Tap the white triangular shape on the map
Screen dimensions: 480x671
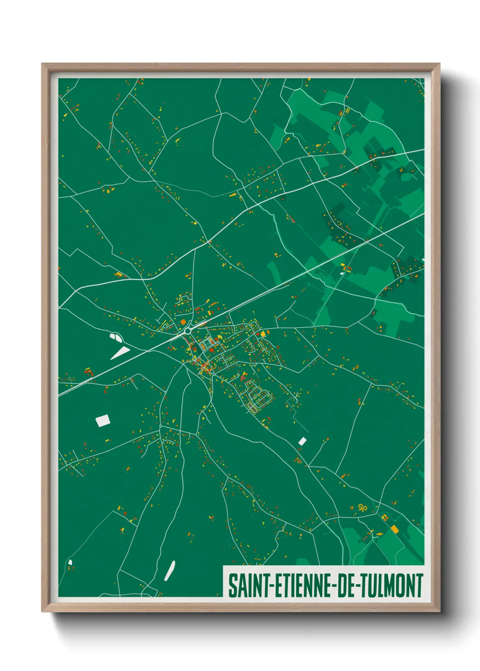(x=121, y=352)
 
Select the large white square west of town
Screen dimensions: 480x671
(x=103, y=420)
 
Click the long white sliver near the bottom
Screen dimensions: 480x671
(x=170, y=570)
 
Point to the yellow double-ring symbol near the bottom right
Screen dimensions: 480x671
(x=362, y=507)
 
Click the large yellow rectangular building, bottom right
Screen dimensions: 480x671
(x=395, y=529)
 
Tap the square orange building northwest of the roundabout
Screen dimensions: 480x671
(x=183, y=322)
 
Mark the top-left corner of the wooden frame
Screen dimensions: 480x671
(x=43, y=64)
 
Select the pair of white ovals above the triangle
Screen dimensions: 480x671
(x=116, y=337)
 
